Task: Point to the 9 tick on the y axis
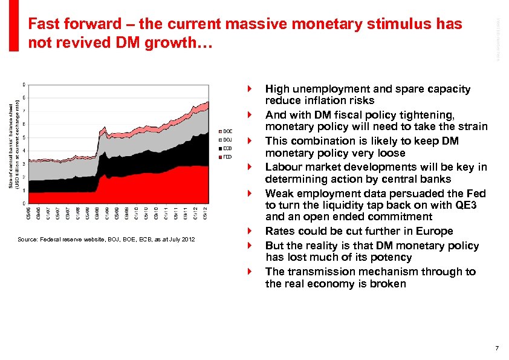coord(24,84)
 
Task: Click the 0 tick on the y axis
coord(24,203)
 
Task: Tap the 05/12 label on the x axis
coord(207,214)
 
